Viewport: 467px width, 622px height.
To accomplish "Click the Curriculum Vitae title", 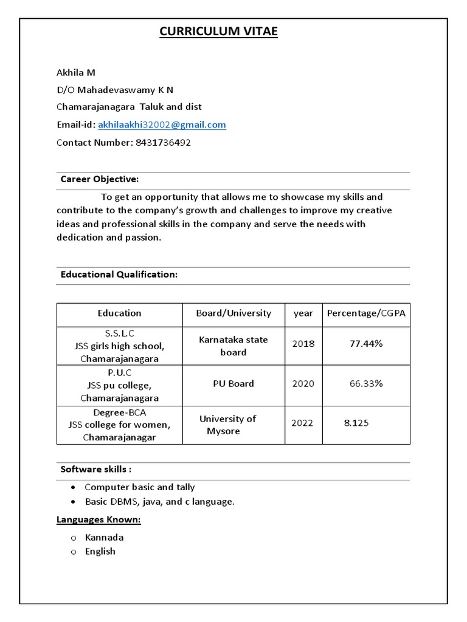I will [x=218, y=32].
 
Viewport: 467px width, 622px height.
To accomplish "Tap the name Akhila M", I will [x=76, y=72].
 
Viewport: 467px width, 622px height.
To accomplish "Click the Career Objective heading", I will [x=100, y=179].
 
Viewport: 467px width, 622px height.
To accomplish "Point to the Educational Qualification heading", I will [x=119, y=275].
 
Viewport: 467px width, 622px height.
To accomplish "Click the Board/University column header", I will [x=233, y=313].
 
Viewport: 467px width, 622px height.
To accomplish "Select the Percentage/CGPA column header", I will [x=366, y=313].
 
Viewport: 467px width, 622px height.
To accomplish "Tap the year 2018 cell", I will [x=303, y=344].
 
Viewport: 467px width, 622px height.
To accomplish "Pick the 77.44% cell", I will [x=366, y=344].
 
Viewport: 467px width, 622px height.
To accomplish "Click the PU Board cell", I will [x=233, y=384].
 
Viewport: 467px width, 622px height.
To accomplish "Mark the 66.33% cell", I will [x=366, y=384].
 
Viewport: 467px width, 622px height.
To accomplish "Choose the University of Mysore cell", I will [x=227, y=425].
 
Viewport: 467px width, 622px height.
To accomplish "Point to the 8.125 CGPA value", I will [x=356, y=423].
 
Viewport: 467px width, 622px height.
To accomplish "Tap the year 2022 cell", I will [x=302, y=423].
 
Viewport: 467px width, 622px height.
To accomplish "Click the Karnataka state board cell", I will [x=233, y=346].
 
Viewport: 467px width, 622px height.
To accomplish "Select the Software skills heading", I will [x=96, y=470].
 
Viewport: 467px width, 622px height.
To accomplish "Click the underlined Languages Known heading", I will [x=99, y=520].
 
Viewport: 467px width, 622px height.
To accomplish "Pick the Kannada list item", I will [x=104, y=538].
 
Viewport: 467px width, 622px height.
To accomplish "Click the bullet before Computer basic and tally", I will [x=73, y=488].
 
